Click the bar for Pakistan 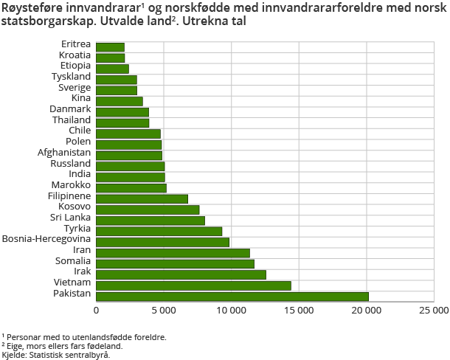pos(232,297)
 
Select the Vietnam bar pos(193,285)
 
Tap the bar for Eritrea pos(111,47)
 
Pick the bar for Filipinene pos(142,198)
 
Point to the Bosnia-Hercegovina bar pos(162,242)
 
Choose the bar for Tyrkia pos(159,231)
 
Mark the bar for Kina pos(120,101)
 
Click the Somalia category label pos(73,260)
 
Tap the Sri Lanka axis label pos(71,217)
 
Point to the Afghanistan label pos(64,152)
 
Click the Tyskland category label pos(72,76)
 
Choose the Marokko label pos(72,184)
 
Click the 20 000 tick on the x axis pos(367,311)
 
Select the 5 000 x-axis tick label pos(164,311)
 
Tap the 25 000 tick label pos(433,311)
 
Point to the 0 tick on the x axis pos(97,311)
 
